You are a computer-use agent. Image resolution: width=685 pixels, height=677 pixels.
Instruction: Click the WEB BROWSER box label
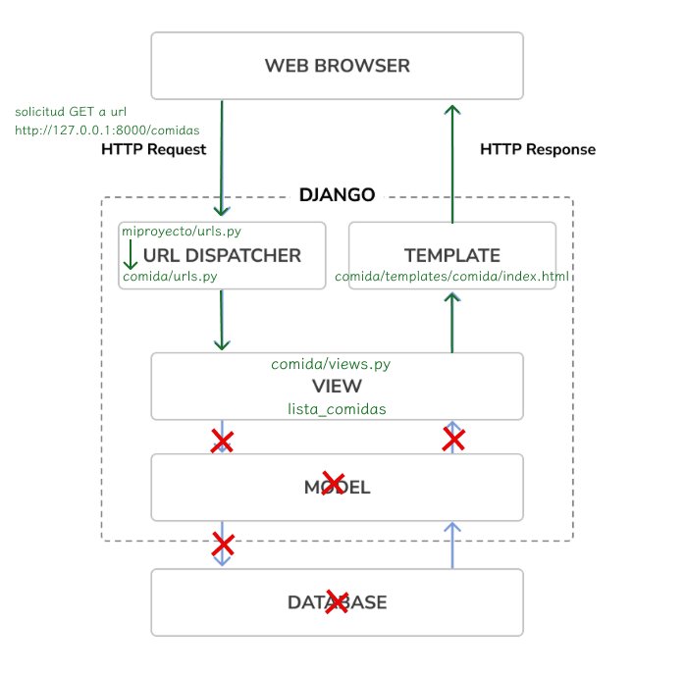[x=337, y=67]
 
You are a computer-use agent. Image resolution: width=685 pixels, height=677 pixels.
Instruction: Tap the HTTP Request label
[x=153, y=150]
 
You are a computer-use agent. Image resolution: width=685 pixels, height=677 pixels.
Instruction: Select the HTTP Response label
[x=537, y=150]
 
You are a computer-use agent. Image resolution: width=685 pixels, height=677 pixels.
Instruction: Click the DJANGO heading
[x=337, y=195]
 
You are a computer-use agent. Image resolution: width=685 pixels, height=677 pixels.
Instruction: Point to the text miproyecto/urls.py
[x=181, y=232]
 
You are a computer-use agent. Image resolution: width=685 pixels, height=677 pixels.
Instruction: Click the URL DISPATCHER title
[x=222, y=256]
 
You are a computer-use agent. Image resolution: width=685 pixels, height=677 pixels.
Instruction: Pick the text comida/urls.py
[x=169, y=278]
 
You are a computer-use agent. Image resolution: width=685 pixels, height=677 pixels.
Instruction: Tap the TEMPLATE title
[x=452, y=256]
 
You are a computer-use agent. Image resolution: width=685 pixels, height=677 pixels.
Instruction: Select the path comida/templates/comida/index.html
[x=452, y=278]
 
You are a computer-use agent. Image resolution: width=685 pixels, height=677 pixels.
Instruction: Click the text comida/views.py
[x=331, y=364]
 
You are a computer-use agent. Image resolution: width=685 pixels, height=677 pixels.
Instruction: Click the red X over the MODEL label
[x=334, y=483]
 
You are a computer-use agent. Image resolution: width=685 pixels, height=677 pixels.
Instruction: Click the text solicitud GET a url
[x=71, y=111]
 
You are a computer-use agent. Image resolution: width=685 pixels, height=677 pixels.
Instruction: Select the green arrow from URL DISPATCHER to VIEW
[x=222, y=320]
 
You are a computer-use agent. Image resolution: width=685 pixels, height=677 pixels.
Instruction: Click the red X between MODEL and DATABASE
[x=223, y=544]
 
